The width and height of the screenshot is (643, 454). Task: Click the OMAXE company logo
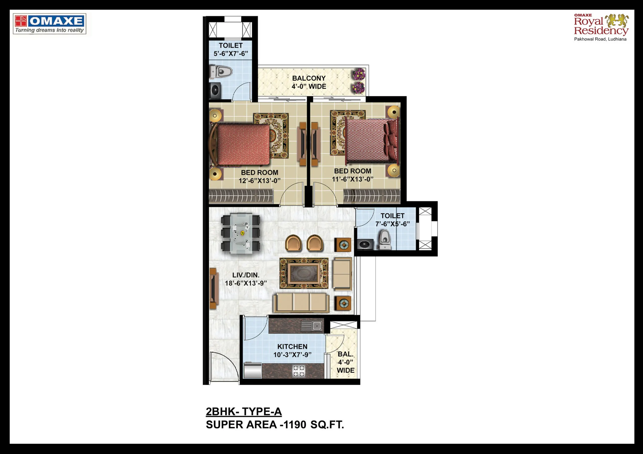[49, 24]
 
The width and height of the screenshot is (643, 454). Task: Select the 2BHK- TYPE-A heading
[244, 411]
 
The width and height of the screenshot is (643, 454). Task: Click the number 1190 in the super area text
[294, 425]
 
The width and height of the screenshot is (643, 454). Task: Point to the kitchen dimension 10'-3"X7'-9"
[292, 355]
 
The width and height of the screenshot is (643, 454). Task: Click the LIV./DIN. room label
[246, 275]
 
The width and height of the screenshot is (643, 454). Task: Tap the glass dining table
[241, 233]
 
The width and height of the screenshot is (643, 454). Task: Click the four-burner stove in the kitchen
[299, 371]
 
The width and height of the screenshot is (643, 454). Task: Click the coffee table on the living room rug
[304, 274]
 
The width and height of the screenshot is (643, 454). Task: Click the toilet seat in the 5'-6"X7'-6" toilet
[221, 71]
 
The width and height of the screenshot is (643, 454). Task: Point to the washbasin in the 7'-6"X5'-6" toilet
[365, 245]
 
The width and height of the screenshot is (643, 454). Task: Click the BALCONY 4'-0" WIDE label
[309, 82]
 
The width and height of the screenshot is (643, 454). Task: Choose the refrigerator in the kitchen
[253, 370]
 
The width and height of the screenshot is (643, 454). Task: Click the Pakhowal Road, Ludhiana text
[600, 39]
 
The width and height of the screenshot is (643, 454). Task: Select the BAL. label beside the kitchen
[346, 354]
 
